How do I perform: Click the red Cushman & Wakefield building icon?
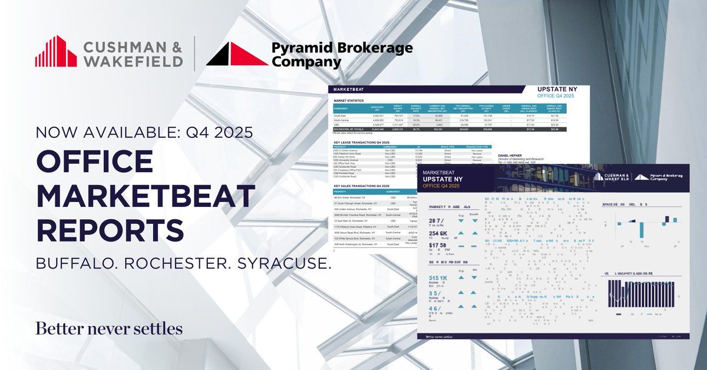(55, 51)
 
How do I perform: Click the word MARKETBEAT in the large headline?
(146, 196)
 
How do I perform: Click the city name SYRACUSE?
(283, 265)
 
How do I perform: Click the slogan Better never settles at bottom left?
(109, 328)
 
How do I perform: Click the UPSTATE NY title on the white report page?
(557, 90)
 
